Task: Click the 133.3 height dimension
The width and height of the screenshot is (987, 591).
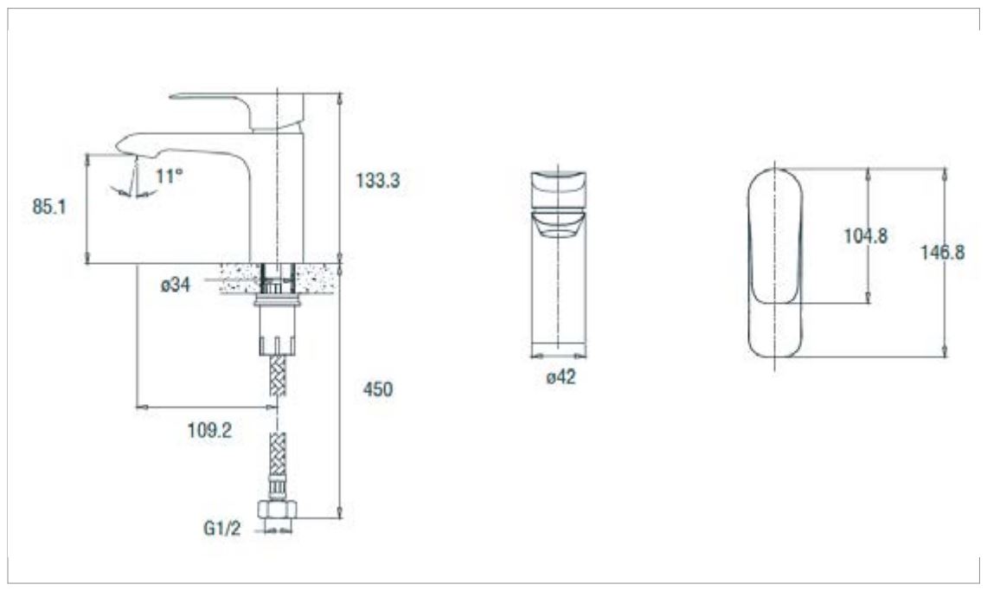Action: [x=378, y=181]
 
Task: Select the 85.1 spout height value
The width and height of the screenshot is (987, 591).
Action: [x=49, y=207]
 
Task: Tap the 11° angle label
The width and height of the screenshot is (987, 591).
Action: [x=169, y=176]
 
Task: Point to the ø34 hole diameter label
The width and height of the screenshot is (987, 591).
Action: [x=175, y=285]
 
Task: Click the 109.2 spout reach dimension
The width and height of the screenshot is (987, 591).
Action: [x=209, y=431]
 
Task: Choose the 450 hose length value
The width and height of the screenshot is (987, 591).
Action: [x=378, y=389]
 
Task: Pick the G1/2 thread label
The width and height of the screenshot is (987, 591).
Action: [x=221, y=528]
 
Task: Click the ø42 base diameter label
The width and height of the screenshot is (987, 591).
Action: [x=561, y=377]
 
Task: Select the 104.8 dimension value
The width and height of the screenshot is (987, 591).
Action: [x=866, y=236]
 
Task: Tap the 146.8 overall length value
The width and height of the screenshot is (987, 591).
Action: [x=942, y=253]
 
